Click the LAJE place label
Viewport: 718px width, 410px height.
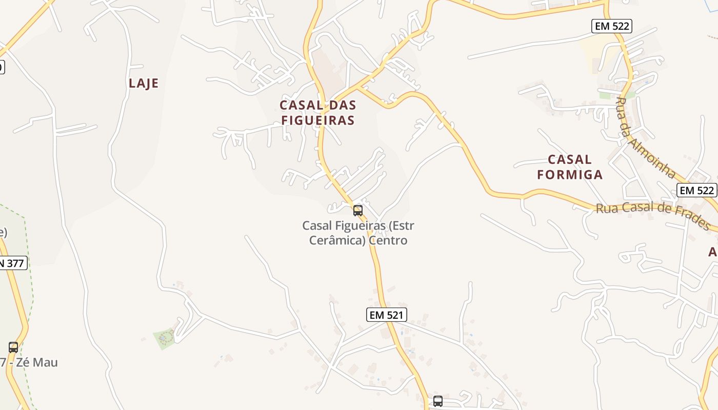(x=144, y=84)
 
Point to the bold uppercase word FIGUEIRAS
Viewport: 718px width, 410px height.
(x=317, y=120)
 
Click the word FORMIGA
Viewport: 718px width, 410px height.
(x=570, y=175)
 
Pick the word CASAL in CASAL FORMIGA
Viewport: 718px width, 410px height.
(x=570, y=159)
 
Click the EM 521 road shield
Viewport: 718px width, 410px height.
(x=387, y=315)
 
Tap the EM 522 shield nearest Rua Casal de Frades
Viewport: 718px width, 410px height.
(x=696, y=190)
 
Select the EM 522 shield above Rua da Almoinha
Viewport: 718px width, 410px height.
(x=611, y=26)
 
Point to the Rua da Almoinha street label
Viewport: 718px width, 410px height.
(x=645, y=137)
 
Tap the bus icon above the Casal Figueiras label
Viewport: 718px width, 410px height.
(x=358, y=210)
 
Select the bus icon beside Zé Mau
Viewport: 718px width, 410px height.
(x=13, y=347)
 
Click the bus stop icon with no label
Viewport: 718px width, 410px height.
(x=437, y=401)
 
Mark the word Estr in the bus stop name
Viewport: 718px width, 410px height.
(x=403, y=225)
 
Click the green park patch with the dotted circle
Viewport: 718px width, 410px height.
(x=165, y=338)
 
